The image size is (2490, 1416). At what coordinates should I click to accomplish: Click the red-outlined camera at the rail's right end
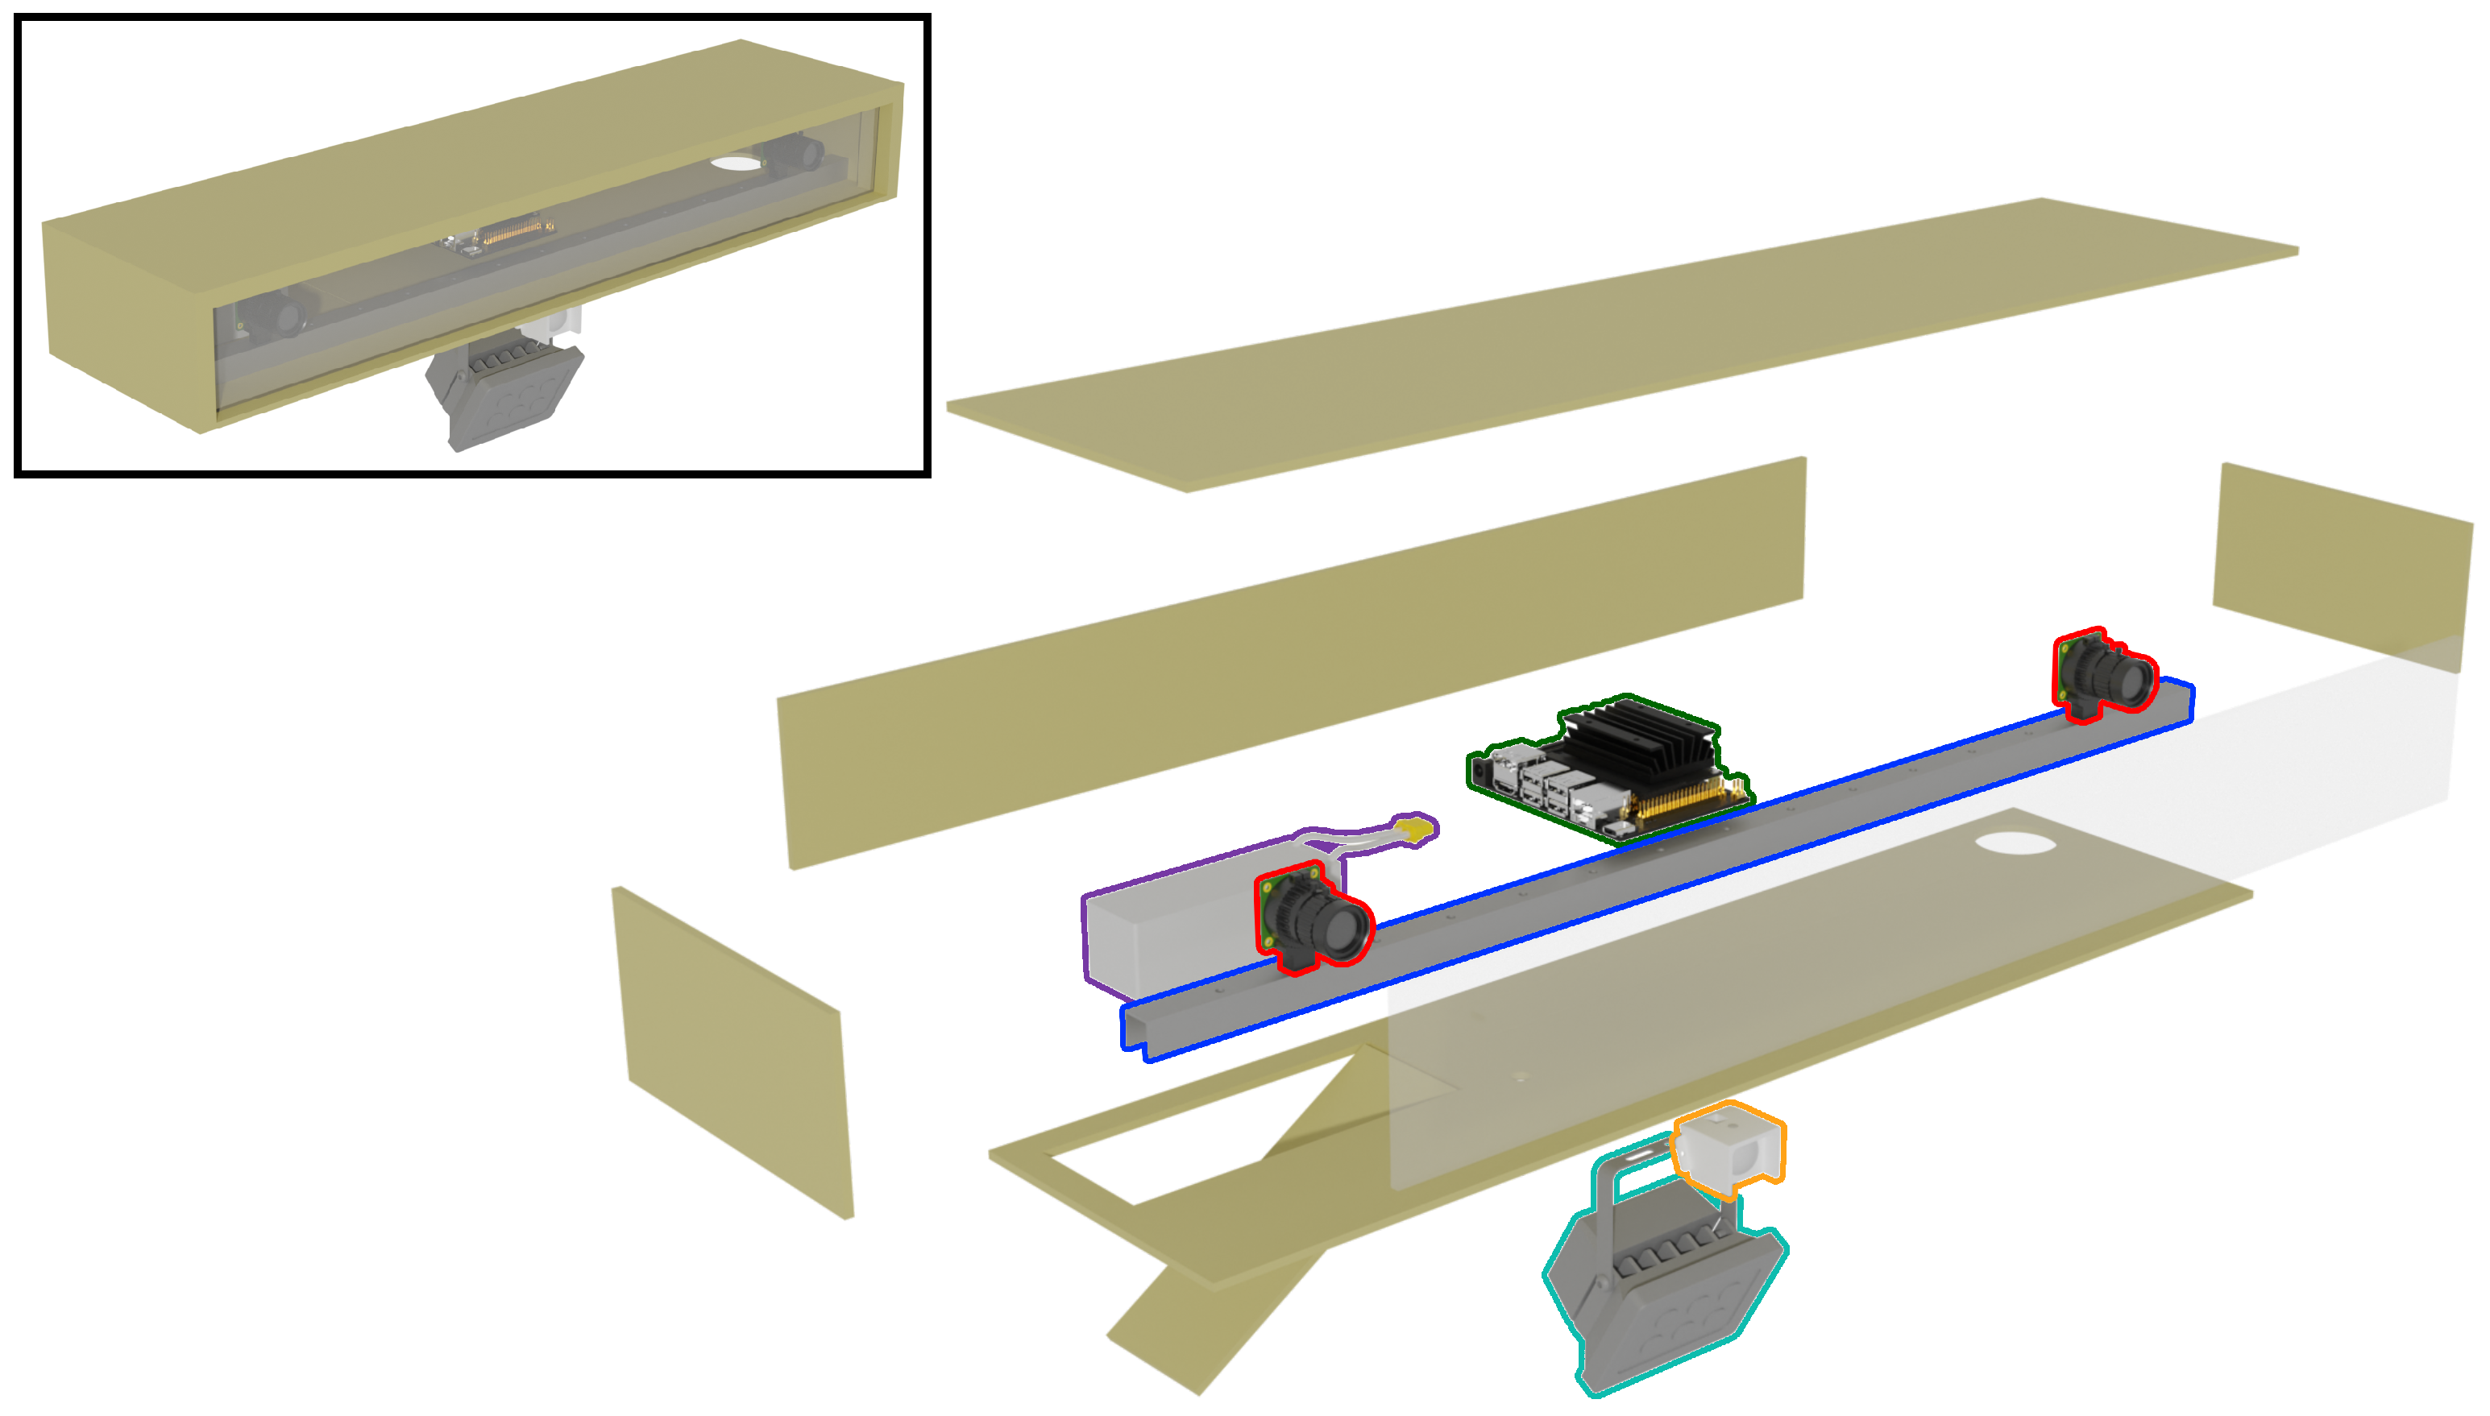(2106, 675)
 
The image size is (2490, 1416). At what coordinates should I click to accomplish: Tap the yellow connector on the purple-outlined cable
(1415, 830)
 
